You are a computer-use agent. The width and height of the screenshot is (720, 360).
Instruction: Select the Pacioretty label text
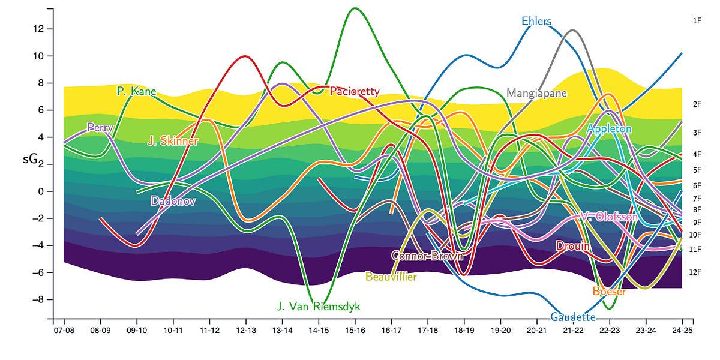[354, 92]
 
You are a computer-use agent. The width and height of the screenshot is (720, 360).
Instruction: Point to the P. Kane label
[136, 92]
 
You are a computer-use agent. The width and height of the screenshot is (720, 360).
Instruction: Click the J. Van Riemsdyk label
[318, 307]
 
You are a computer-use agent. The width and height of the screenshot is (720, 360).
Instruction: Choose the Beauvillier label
[391, 277]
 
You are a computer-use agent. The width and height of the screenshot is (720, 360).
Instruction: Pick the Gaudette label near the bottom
[573, 317]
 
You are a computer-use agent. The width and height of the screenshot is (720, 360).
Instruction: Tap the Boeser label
[609, 292]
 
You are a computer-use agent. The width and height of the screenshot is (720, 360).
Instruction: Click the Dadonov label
[173, 201]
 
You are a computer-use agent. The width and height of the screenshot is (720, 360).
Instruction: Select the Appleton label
[609, 129]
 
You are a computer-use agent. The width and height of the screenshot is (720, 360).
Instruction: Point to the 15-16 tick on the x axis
[355, 330]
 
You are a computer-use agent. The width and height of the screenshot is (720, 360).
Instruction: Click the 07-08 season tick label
[64, 330]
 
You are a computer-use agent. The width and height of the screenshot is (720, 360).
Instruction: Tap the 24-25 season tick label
[682, 330]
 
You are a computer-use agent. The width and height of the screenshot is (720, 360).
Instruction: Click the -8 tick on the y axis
[41, 299]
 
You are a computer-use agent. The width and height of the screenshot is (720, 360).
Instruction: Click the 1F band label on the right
[697, 20]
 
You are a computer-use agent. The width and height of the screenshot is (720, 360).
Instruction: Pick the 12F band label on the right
[695, 272]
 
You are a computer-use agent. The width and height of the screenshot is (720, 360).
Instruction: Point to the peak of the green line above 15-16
[355, 8]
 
